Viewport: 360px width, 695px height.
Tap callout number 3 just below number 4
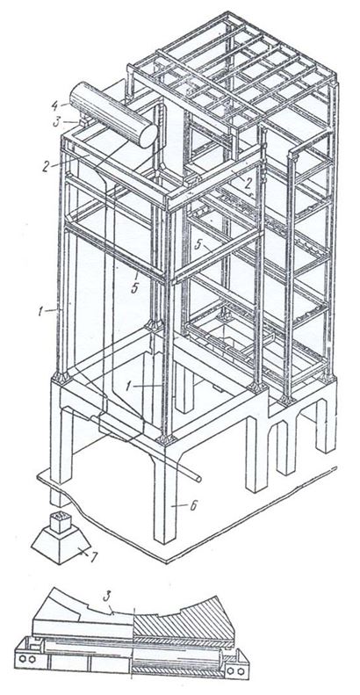56,122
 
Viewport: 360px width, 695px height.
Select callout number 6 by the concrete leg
192,506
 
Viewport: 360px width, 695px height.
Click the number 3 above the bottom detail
106,597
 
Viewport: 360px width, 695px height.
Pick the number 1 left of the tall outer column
40,312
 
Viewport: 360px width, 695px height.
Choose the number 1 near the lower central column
129,386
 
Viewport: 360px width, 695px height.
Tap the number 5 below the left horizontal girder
134,288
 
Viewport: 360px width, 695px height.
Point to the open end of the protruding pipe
199,479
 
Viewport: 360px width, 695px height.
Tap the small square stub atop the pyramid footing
61,522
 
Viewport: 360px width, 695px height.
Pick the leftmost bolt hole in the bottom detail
21,659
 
